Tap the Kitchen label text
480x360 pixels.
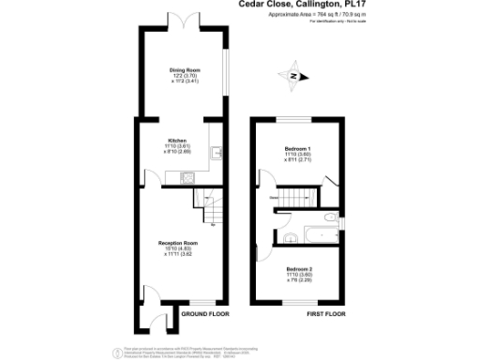click(x=176, y=140)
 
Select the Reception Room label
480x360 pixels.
click(x=178, y=242)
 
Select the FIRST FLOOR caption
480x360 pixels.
click(x=325, y=312)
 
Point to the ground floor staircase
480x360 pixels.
click(x=207, y=202)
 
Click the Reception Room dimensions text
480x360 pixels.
click(x=178, y=251)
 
